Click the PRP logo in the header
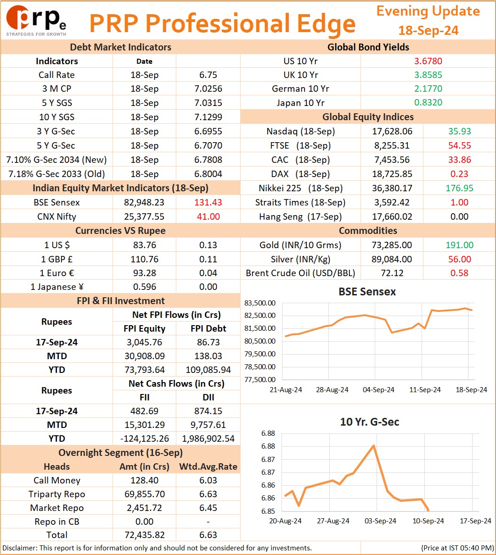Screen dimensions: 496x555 [x=36, y=21]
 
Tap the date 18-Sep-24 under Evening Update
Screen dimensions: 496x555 [x=428, y=30]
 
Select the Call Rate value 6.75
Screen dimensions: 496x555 [x=208, y=75]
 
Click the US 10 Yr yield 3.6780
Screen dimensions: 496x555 [x=428, y=61]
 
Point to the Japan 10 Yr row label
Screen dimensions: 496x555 [x=300, y=103]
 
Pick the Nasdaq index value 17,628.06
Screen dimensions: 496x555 [x=392, y=131]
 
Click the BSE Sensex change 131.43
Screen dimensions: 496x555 [x=208, y=202]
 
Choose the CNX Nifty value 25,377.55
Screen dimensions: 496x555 [x=144, y=216]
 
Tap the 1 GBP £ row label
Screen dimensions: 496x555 [x=57, y=259]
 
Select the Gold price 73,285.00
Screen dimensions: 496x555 [x=392, y=245]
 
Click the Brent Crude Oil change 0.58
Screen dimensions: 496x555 [x=459, y=273]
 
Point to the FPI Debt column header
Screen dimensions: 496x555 [x=208, y=328]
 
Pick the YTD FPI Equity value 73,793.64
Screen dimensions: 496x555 [x=145, y=370]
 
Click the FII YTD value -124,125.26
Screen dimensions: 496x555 [x=145, y=438]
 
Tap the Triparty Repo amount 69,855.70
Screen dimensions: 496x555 [x=145, y=494]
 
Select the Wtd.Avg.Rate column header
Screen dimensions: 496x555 [x=208, y=466]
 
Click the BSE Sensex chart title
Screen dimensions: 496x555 [x=367, y=292]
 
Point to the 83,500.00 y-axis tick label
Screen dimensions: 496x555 [x=260, y=303]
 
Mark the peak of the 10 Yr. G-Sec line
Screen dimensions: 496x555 [x=374, y=446]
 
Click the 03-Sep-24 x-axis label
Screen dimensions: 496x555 [x=380, y=521]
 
